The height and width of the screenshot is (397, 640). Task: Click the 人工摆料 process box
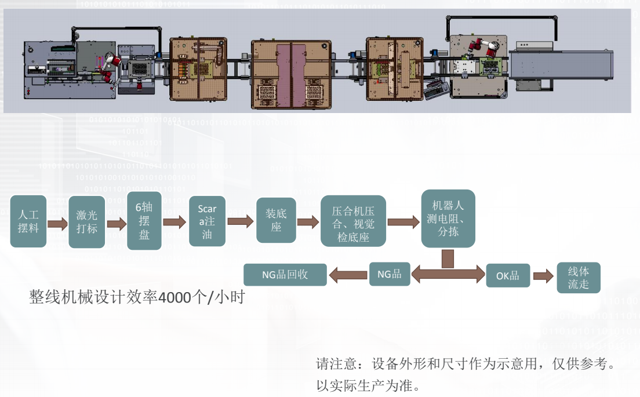click(28, 221)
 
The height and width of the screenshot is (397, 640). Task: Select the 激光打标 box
click(86, 221)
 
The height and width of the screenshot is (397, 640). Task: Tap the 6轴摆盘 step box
click(144, 221)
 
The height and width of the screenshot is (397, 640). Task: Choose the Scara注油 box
click(207, 221)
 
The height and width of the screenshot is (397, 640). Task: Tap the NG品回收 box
click(285, 275)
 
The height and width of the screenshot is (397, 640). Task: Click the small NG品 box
click(389, 274)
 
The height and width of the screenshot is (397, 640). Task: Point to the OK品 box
click(507, 276)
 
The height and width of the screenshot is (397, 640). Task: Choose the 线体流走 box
click(578, 278)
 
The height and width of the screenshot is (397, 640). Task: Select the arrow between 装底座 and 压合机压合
click(308, 223)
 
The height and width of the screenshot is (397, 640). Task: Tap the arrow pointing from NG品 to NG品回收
click(348, 274)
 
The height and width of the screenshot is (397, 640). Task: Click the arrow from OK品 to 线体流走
click(543, 276)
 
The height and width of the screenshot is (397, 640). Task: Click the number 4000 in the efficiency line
click(174, 298)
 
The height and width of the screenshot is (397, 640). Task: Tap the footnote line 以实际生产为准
click(367, 385)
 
